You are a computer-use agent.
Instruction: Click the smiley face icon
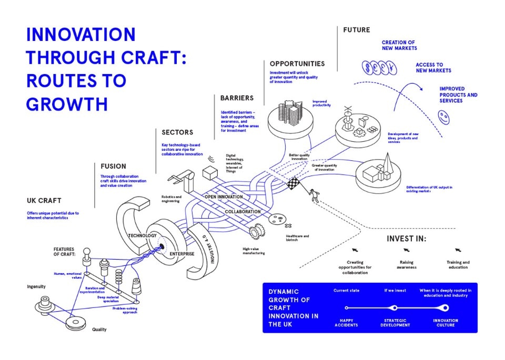coord(445,117)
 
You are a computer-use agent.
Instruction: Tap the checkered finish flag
coord(292,183)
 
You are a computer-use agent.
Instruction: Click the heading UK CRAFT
coord(44,201)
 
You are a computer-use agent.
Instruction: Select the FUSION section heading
coord(113,167)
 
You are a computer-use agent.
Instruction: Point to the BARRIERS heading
coord(237,98)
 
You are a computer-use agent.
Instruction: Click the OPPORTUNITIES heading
coord(297,64)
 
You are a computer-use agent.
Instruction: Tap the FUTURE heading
coord(357,30)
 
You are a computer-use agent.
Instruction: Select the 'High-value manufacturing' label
coord(254,251)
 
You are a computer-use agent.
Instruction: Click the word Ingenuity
coord(36,286)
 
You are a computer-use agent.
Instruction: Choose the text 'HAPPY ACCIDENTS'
coord(346,323)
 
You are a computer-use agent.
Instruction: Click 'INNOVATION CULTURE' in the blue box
coord(446,323)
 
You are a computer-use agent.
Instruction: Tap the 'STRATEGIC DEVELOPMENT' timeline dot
coord(396,308)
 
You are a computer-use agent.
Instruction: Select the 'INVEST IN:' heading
coord(407,238)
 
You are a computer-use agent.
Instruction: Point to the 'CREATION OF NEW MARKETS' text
coord(399,45)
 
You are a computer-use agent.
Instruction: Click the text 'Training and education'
coord(458,264)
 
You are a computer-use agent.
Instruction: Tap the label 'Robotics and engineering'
coord(171,199)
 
